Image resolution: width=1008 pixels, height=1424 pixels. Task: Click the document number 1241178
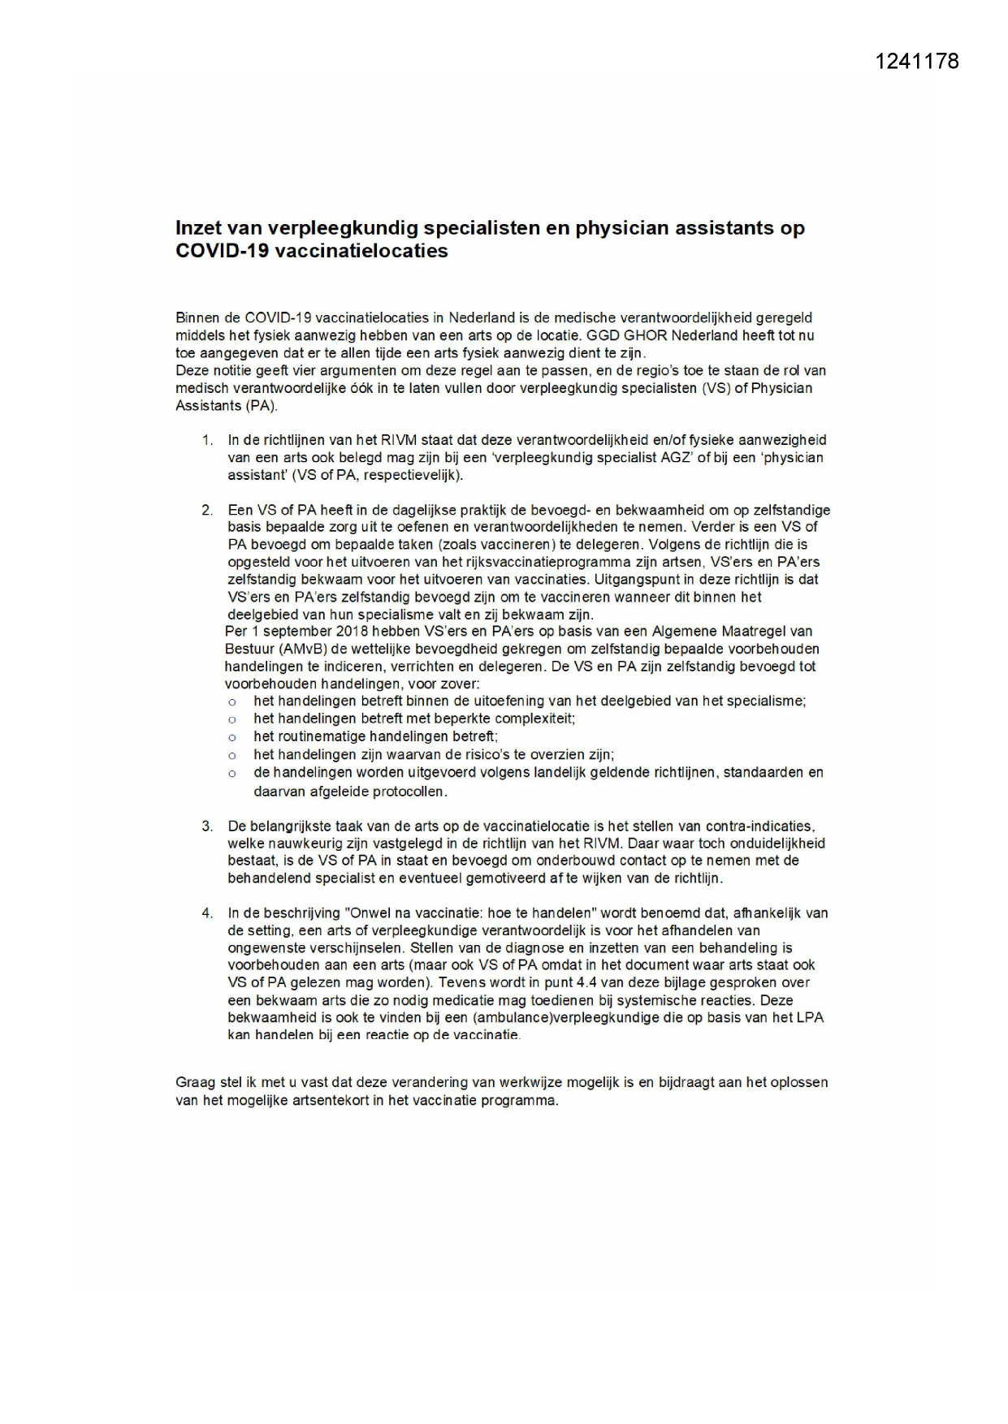coord(917,62)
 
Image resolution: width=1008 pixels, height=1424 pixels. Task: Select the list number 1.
coord(207,440)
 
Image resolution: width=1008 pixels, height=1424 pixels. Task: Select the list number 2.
coord(207,511)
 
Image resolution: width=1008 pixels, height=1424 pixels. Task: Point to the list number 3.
coord(207,826)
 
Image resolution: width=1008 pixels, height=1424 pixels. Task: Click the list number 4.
coord(207,913)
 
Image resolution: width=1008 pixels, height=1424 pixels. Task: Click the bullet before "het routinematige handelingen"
coord(232,737)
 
